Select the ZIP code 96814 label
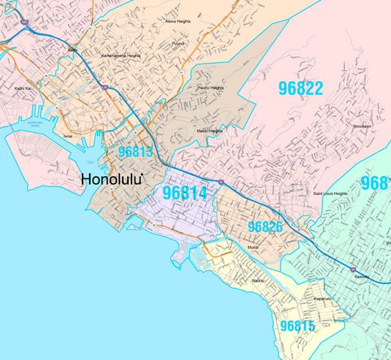[185, 194]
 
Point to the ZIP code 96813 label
[135, 152]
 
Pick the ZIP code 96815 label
[297, 326]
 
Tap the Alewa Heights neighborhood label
[178, 22]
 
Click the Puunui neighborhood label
[178, 43]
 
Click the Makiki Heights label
[209, 131]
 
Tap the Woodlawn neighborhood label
[362, 126]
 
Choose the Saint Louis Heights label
[330, 194]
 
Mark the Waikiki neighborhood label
[252, 280]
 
